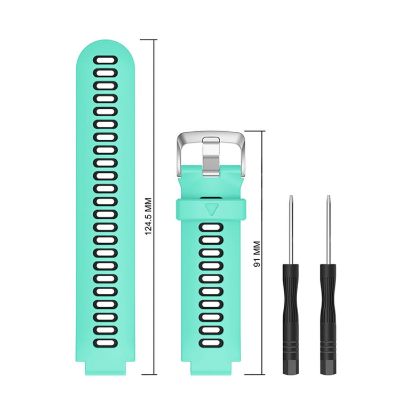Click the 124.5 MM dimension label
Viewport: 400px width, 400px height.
[149, 217]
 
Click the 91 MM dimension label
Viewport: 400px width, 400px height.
[257, 255]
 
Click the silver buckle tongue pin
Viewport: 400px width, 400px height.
[212, 156]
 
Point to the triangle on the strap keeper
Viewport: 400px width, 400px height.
[212, 208]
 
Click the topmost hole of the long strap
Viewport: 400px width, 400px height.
[105, 60]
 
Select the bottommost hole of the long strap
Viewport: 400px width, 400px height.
[105, 342]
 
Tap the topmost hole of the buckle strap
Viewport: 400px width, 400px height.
[212, 229]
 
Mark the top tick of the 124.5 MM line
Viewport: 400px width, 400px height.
[149, 39]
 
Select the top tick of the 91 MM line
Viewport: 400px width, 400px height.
[254, 131]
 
